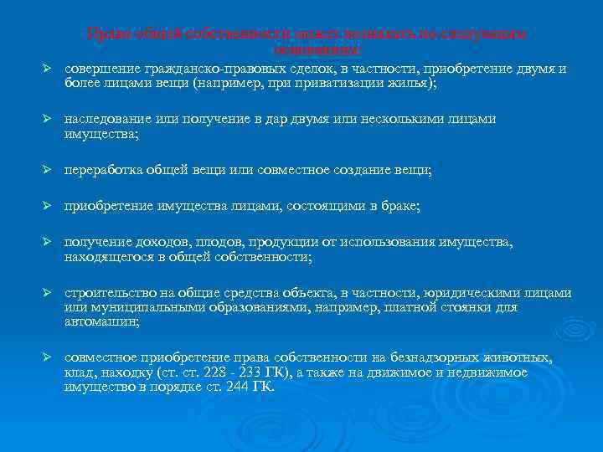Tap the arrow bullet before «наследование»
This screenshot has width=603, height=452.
(48, 120)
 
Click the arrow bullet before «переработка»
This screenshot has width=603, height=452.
(48, 171)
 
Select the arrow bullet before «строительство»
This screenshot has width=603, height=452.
(48, 294)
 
